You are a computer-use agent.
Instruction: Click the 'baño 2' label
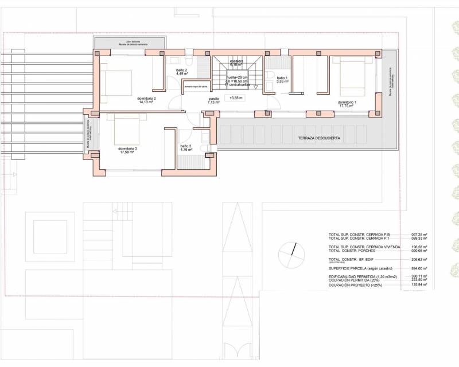(182, 72)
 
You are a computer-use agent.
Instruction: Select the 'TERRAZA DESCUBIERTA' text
(319, 139)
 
